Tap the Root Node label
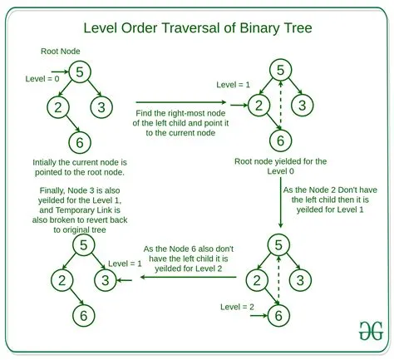click(60, 51)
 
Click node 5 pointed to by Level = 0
click(78, 73)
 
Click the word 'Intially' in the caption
click(48, 161)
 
